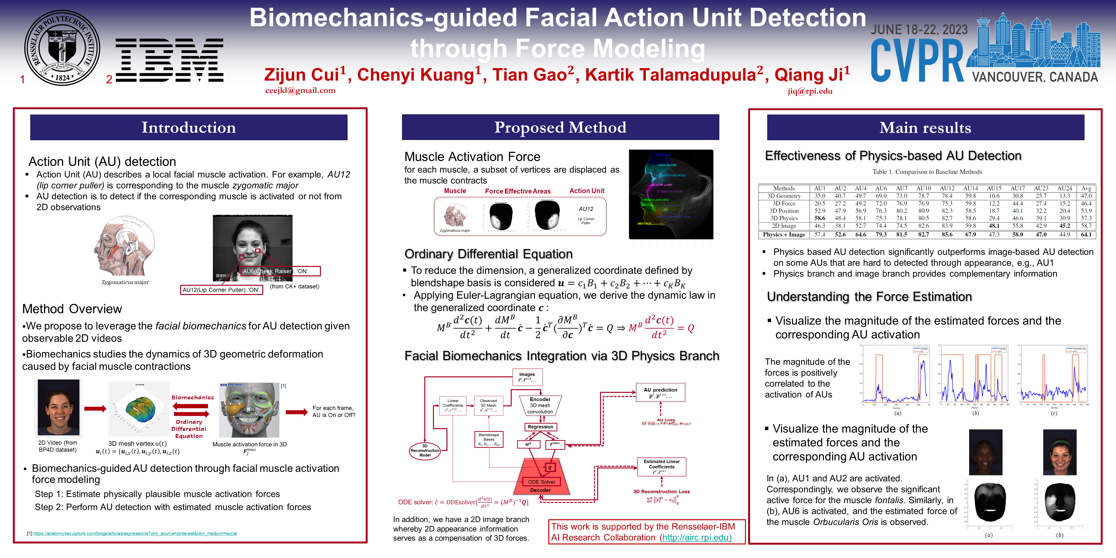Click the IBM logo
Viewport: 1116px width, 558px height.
[x=169, y=60]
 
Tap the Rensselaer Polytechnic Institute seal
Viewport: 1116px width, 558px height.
[x=62, y=48]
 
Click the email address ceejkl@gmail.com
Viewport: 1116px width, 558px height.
[x=300, y=91]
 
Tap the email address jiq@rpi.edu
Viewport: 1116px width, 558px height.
[x=810, y=91]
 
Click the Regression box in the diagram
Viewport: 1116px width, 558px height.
[x=540, y=427]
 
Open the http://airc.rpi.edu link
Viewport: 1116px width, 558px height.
[x=696, y=538]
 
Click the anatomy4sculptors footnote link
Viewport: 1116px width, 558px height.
[x=135, y=533]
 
